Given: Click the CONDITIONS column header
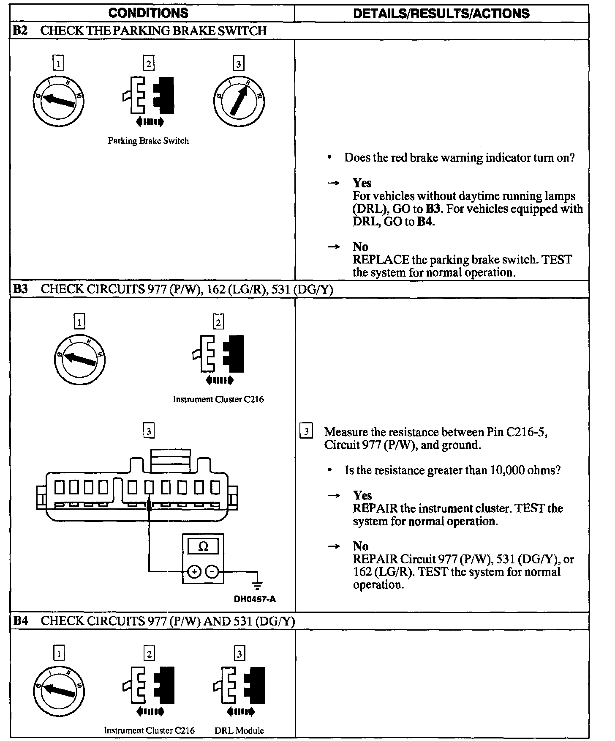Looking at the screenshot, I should point(148,13).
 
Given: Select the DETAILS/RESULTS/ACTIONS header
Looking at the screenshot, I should point(441,14).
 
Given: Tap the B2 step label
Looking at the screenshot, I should point(20,31).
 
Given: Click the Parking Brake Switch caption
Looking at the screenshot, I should point(148,141).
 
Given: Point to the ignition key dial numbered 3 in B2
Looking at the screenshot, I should point(239,101).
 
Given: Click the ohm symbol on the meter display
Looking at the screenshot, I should point(203,547).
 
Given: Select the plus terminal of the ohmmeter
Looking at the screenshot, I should point(194,572).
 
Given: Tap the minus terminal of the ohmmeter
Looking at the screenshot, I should point(212,572).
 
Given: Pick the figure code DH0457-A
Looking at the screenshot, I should point(255,599).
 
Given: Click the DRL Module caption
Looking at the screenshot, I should point(239,730).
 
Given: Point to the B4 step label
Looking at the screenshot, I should point(20,621).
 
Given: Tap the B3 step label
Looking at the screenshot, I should point(20,289).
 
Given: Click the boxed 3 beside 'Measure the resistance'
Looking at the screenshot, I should point(306,432).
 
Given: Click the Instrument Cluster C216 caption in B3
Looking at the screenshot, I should point(218,400).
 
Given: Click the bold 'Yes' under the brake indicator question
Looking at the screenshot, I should point(362,183).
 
